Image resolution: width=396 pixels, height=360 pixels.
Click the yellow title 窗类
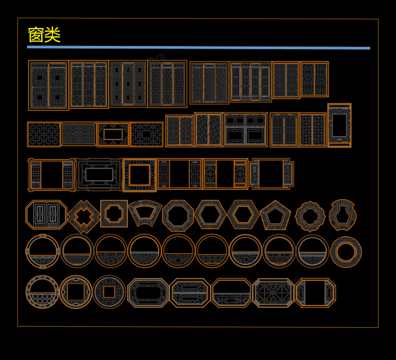[x=44, y=35]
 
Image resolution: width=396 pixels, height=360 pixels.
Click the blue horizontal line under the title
[x=198, y=48]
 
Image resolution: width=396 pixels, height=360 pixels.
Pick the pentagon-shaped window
[x=275, y=215]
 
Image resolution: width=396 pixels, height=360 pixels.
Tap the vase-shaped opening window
[x=343, y=215]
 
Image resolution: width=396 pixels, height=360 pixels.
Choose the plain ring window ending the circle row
[x=346, y=252]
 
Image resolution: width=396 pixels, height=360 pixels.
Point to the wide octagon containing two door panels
[x=46, y=215]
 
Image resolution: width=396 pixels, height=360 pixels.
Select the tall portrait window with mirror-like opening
[x=339, y=125]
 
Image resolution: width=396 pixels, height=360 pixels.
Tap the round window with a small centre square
[x=109, y=292]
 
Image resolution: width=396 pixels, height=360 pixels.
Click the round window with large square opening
[x=76, y=292]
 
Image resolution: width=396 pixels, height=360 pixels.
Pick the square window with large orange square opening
[x=139, y=175]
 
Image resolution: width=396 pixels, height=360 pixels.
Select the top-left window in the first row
[x=48, y=85]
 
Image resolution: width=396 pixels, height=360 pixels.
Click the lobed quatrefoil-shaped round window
[x=310, y=216]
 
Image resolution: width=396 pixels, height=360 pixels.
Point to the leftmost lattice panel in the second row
[x=43, y=134]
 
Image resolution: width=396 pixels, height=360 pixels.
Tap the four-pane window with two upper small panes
[x=246, y=130]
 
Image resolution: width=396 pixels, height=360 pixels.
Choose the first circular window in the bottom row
[x=42, y=292]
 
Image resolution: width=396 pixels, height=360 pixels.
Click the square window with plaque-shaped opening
[x=114, y=214]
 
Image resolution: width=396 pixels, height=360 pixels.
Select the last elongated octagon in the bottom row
[x=315, y=293]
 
